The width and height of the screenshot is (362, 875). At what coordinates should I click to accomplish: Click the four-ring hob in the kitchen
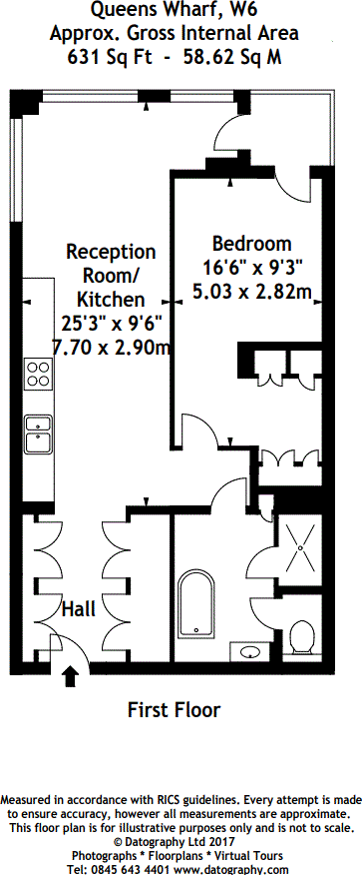tap(39, 375)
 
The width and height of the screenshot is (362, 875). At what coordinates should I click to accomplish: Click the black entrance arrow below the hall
tap(71, 678)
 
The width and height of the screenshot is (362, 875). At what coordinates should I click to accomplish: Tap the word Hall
tap(80, 608)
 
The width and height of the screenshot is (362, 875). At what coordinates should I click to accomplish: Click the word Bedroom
tap(251, 244)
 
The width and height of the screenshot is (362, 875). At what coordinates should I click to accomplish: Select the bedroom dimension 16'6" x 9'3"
tap(251, 268)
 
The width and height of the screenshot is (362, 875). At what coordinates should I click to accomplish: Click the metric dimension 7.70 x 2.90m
tap(111, 347)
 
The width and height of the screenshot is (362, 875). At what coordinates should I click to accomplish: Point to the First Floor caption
tap(174, 710)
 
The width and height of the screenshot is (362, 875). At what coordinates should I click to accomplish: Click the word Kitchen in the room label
tap(111, 299)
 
